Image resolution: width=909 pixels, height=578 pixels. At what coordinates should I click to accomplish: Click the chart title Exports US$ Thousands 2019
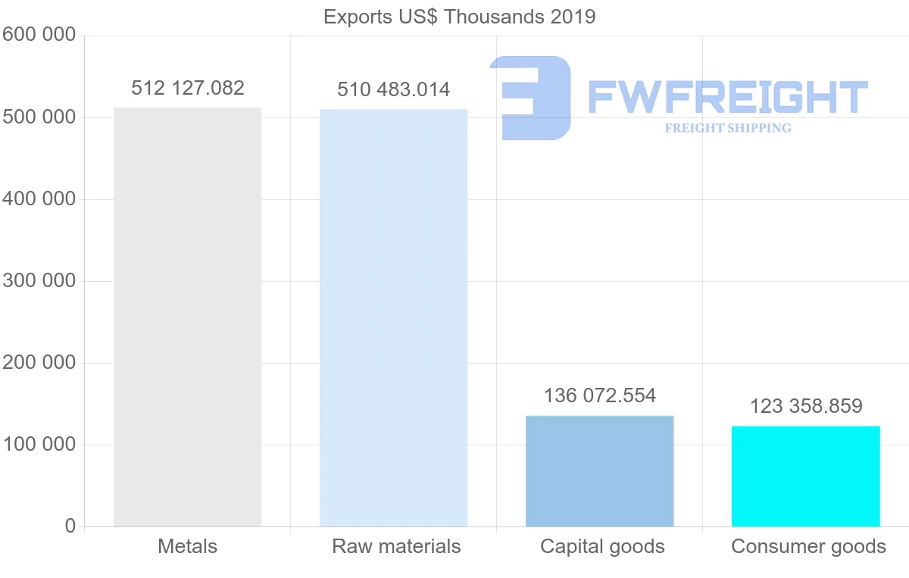click(x=459, y=17)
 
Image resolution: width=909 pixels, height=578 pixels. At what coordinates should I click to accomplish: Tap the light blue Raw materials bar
click(x=393, y=317)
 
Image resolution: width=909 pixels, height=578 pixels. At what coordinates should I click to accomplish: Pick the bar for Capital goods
click(x=599, y=470)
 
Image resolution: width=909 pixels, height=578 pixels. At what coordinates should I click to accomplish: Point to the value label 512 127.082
click(x=188, y=88)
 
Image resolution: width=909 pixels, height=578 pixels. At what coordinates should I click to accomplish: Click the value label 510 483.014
click(x=393, y=89)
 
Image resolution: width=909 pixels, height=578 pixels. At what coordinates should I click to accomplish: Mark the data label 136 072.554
click(x=600, y=395)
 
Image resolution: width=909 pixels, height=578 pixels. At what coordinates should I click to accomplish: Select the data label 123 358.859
click(x=806, y=406)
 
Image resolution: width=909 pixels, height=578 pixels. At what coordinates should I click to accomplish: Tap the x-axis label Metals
click(x=187, y=546)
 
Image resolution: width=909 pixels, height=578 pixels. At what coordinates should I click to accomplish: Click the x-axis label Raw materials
click(x=396, y=546)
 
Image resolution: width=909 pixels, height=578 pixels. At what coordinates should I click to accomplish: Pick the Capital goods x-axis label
click(x=602, y=546)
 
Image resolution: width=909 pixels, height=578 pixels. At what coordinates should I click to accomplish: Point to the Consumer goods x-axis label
click(x=808, y=546)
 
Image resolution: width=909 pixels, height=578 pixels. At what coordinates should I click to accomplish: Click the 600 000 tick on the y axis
click(x=39, y=35)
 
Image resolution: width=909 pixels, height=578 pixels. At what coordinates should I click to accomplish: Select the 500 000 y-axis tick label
click(x=39, y=117)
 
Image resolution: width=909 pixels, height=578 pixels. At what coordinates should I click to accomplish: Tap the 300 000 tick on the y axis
click(x=39, y=281)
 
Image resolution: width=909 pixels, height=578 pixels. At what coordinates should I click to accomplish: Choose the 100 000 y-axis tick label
click(x=39, y=445)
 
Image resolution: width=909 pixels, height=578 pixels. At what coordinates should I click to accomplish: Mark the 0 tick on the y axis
click(x=70, y=526)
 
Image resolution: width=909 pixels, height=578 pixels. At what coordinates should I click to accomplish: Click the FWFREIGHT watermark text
click(x=727, y=97)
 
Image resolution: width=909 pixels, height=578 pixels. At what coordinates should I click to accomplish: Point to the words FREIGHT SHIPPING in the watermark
click(x=728, y=128)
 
